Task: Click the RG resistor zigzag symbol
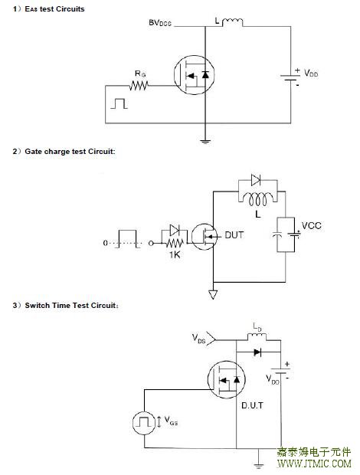click(139, 86)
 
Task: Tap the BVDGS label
click(160, 23)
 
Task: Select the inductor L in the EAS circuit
click(232, 22)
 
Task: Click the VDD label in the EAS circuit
click(311, 73)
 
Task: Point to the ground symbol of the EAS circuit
click(205, 140)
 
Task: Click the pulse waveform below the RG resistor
click(119, 103)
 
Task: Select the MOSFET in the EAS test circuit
click(194, 75)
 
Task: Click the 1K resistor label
click(175, 255)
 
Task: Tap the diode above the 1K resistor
click(175, 231)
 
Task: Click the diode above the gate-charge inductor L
click(256, 180)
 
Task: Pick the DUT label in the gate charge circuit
click(234, 235)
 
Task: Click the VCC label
click(311, 226)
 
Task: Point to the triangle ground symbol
click(213, 294)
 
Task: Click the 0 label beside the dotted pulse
click(105, 243)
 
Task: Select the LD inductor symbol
click(257, 336)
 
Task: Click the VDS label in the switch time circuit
click(198, 339)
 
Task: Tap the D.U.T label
click(252, 405)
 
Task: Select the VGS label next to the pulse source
click(171, 421)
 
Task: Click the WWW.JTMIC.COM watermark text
click(314, 464)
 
